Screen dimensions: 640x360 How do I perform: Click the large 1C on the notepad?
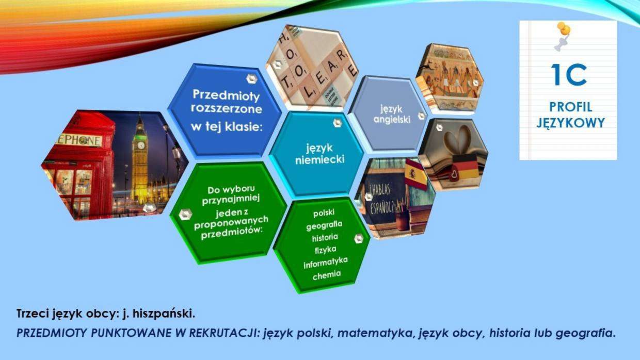coord(569,75)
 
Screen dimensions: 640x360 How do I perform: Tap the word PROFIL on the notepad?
coord(570,107)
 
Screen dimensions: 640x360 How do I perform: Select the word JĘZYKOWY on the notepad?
coord(570,123)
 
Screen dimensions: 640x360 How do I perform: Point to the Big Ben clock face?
coord(141,145)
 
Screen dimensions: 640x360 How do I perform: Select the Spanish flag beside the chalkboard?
coord(416,174)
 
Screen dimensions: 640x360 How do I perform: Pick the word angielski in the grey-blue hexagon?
coord(392,119)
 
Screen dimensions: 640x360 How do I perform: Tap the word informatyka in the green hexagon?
coord(326,263)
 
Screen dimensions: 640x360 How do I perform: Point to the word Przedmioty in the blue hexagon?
coord(226,95)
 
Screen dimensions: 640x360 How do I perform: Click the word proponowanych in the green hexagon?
coord(231,223)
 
